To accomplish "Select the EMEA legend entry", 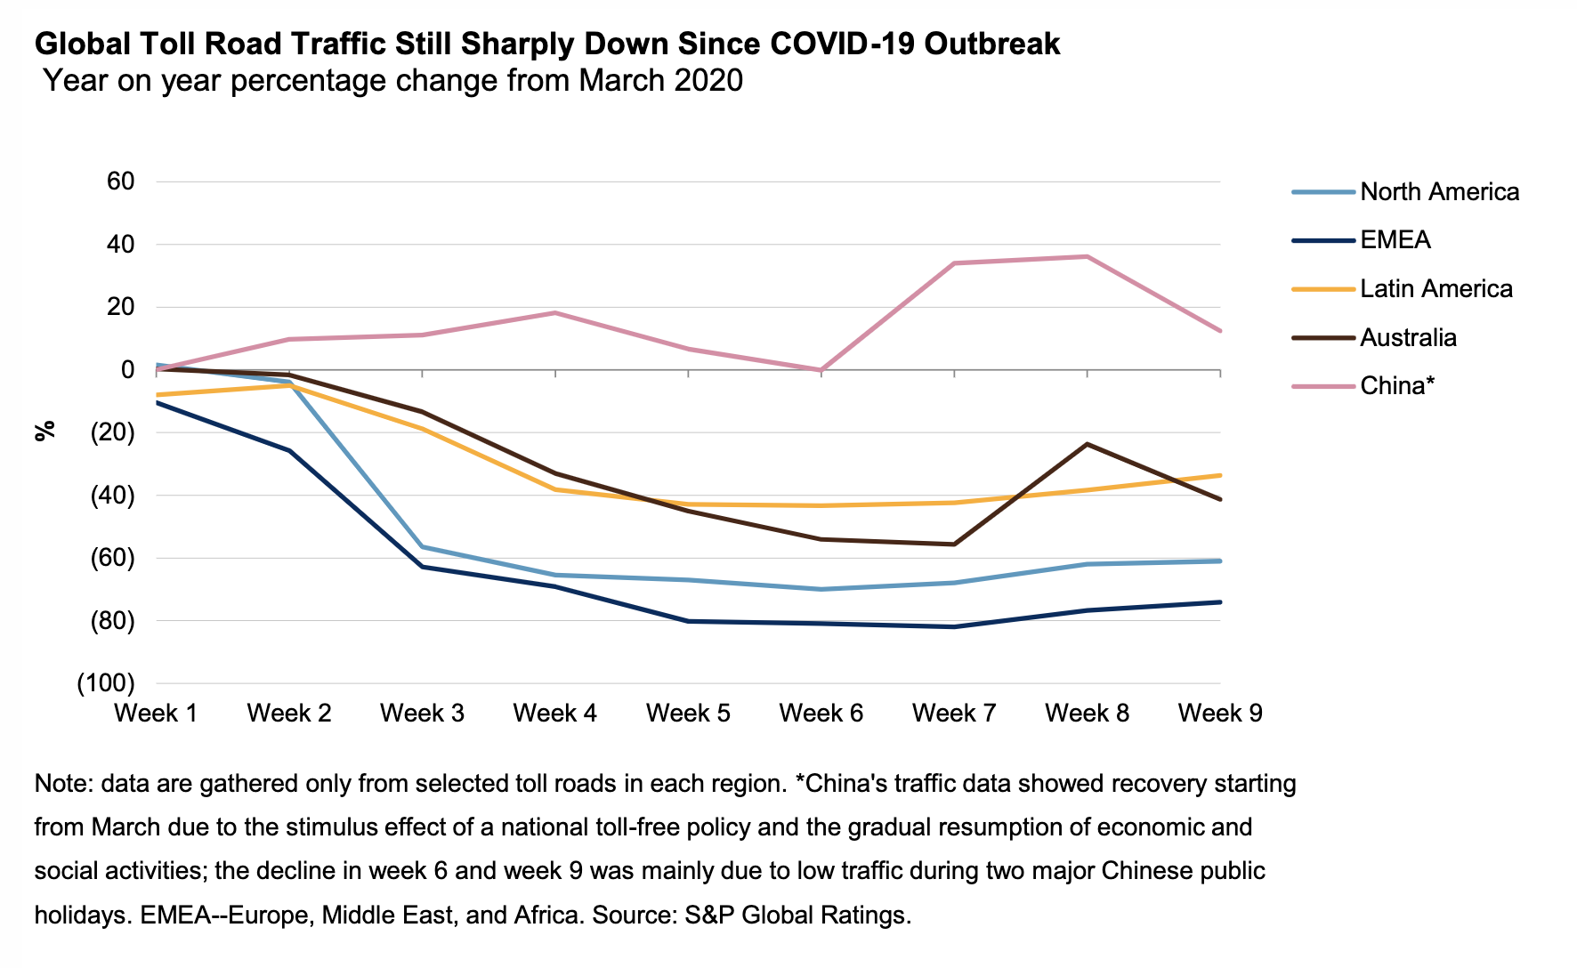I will coord(1395,240).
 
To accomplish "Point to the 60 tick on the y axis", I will coord(120,181).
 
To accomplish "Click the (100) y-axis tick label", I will coord(107,683).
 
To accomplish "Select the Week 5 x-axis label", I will coord(688,714).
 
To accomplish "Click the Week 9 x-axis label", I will coord(1220,714).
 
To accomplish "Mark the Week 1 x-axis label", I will coord(156,714).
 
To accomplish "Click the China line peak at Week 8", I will coord(1088,256).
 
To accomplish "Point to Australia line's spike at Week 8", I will coord(1088,444).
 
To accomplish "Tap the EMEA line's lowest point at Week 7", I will coord(954,626).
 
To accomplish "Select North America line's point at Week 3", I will coord(422,546).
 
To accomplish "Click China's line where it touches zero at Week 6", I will coord(821,370).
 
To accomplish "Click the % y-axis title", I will coord(45,431).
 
